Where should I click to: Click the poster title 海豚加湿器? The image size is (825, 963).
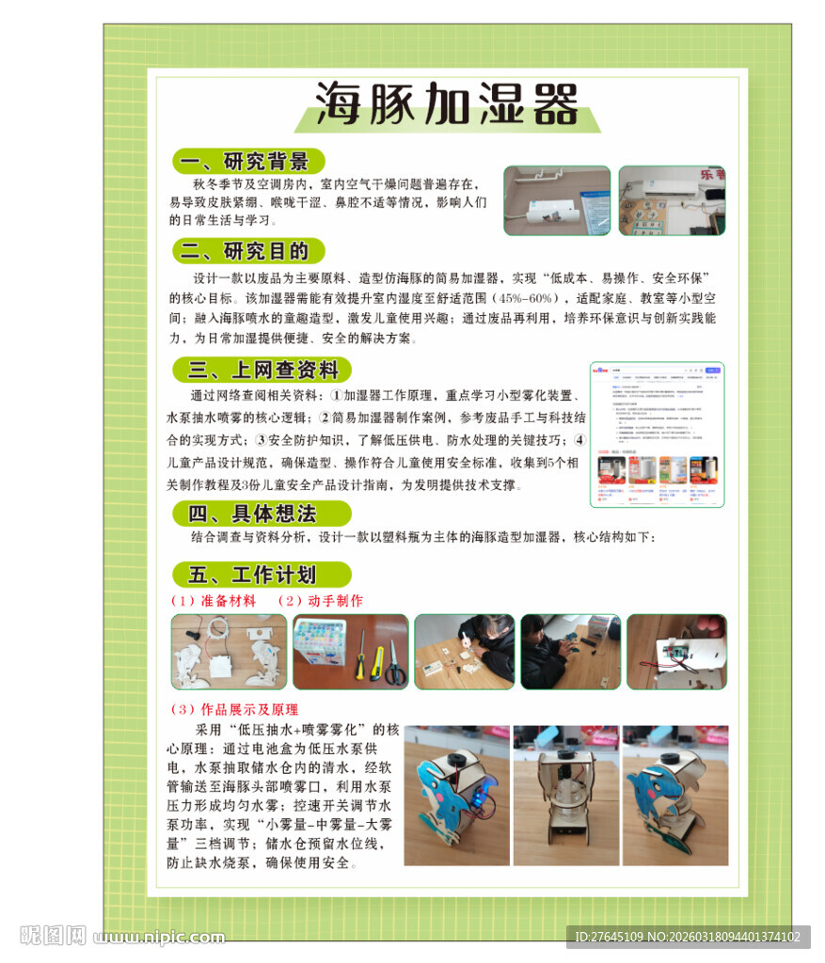click(x=446, y=103)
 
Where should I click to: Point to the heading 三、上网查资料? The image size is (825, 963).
click(x=262, y=370)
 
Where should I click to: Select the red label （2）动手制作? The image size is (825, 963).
click(x=320, y=601)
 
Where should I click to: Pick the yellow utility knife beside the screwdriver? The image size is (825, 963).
click(x=377, y=662)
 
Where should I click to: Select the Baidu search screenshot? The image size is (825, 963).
click(x=657, y=434)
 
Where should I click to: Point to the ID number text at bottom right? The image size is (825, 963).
click(x=688, y=937)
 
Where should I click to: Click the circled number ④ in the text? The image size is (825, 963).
click(x=579, y=439)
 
